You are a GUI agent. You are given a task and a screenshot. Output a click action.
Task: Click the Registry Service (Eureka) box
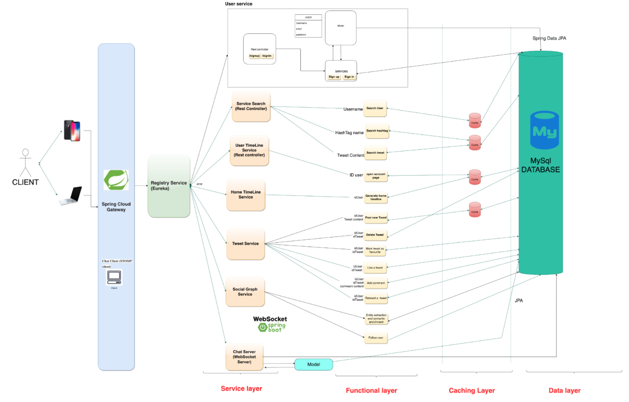169,186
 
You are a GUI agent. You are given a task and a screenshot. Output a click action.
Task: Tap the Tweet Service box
245,244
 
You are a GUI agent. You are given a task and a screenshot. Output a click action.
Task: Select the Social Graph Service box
245,292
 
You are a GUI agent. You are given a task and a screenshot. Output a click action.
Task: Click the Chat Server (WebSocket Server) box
244,357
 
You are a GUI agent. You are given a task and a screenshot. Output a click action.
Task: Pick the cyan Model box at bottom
313,364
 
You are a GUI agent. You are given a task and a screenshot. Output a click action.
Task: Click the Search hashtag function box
377,131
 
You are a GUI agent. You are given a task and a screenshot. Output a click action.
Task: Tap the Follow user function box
376,338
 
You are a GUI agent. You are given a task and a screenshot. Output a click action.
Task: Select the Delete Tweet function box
375,235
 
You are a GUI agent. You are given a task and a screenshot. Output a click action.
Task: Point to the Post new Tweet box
376,218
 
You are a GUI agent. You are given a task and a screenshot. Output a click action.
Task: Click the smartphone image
72,131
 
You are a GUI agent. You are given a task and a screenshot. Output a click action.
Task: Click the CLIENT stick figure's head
25,152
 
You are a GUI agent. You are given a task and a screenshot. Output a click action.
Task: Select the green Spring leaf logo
116,180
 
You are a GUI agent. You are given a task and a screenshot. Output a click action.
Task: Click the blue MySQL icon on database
544,130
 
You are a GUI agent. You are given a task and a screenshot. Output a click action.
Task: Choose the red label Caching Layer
471,390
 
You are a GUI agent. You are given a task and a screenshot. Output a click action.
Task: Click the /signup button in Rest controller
254,56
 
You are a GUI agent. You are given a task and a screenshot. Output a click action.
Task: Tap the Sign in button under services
349,77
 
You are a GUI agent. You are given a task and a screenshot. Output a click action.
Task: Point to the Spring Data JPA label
549,38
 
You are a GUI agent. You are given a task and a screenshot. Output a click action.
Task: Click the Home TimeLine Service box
245,194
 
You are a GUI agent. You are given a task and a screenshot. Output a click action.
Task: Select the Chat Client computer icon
114,277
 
